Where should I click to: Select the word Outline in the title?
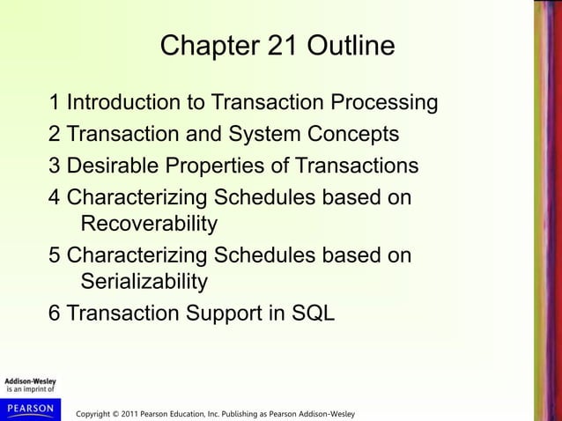coord(351,47)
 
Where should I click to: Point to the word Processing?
coord(384,103)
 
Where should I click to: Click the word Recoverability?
coord(148,224)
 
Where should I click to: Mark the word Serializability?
coord(144,282)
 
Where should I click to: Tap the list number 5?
coord(55,255)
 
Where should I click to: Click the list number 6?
coord(55,314)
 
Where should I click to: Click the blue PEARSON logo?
coord(30,409)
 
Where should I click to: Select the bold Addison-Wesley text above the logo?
coord(30,380)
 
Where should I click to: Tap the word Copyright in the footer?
coord(97,414)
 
